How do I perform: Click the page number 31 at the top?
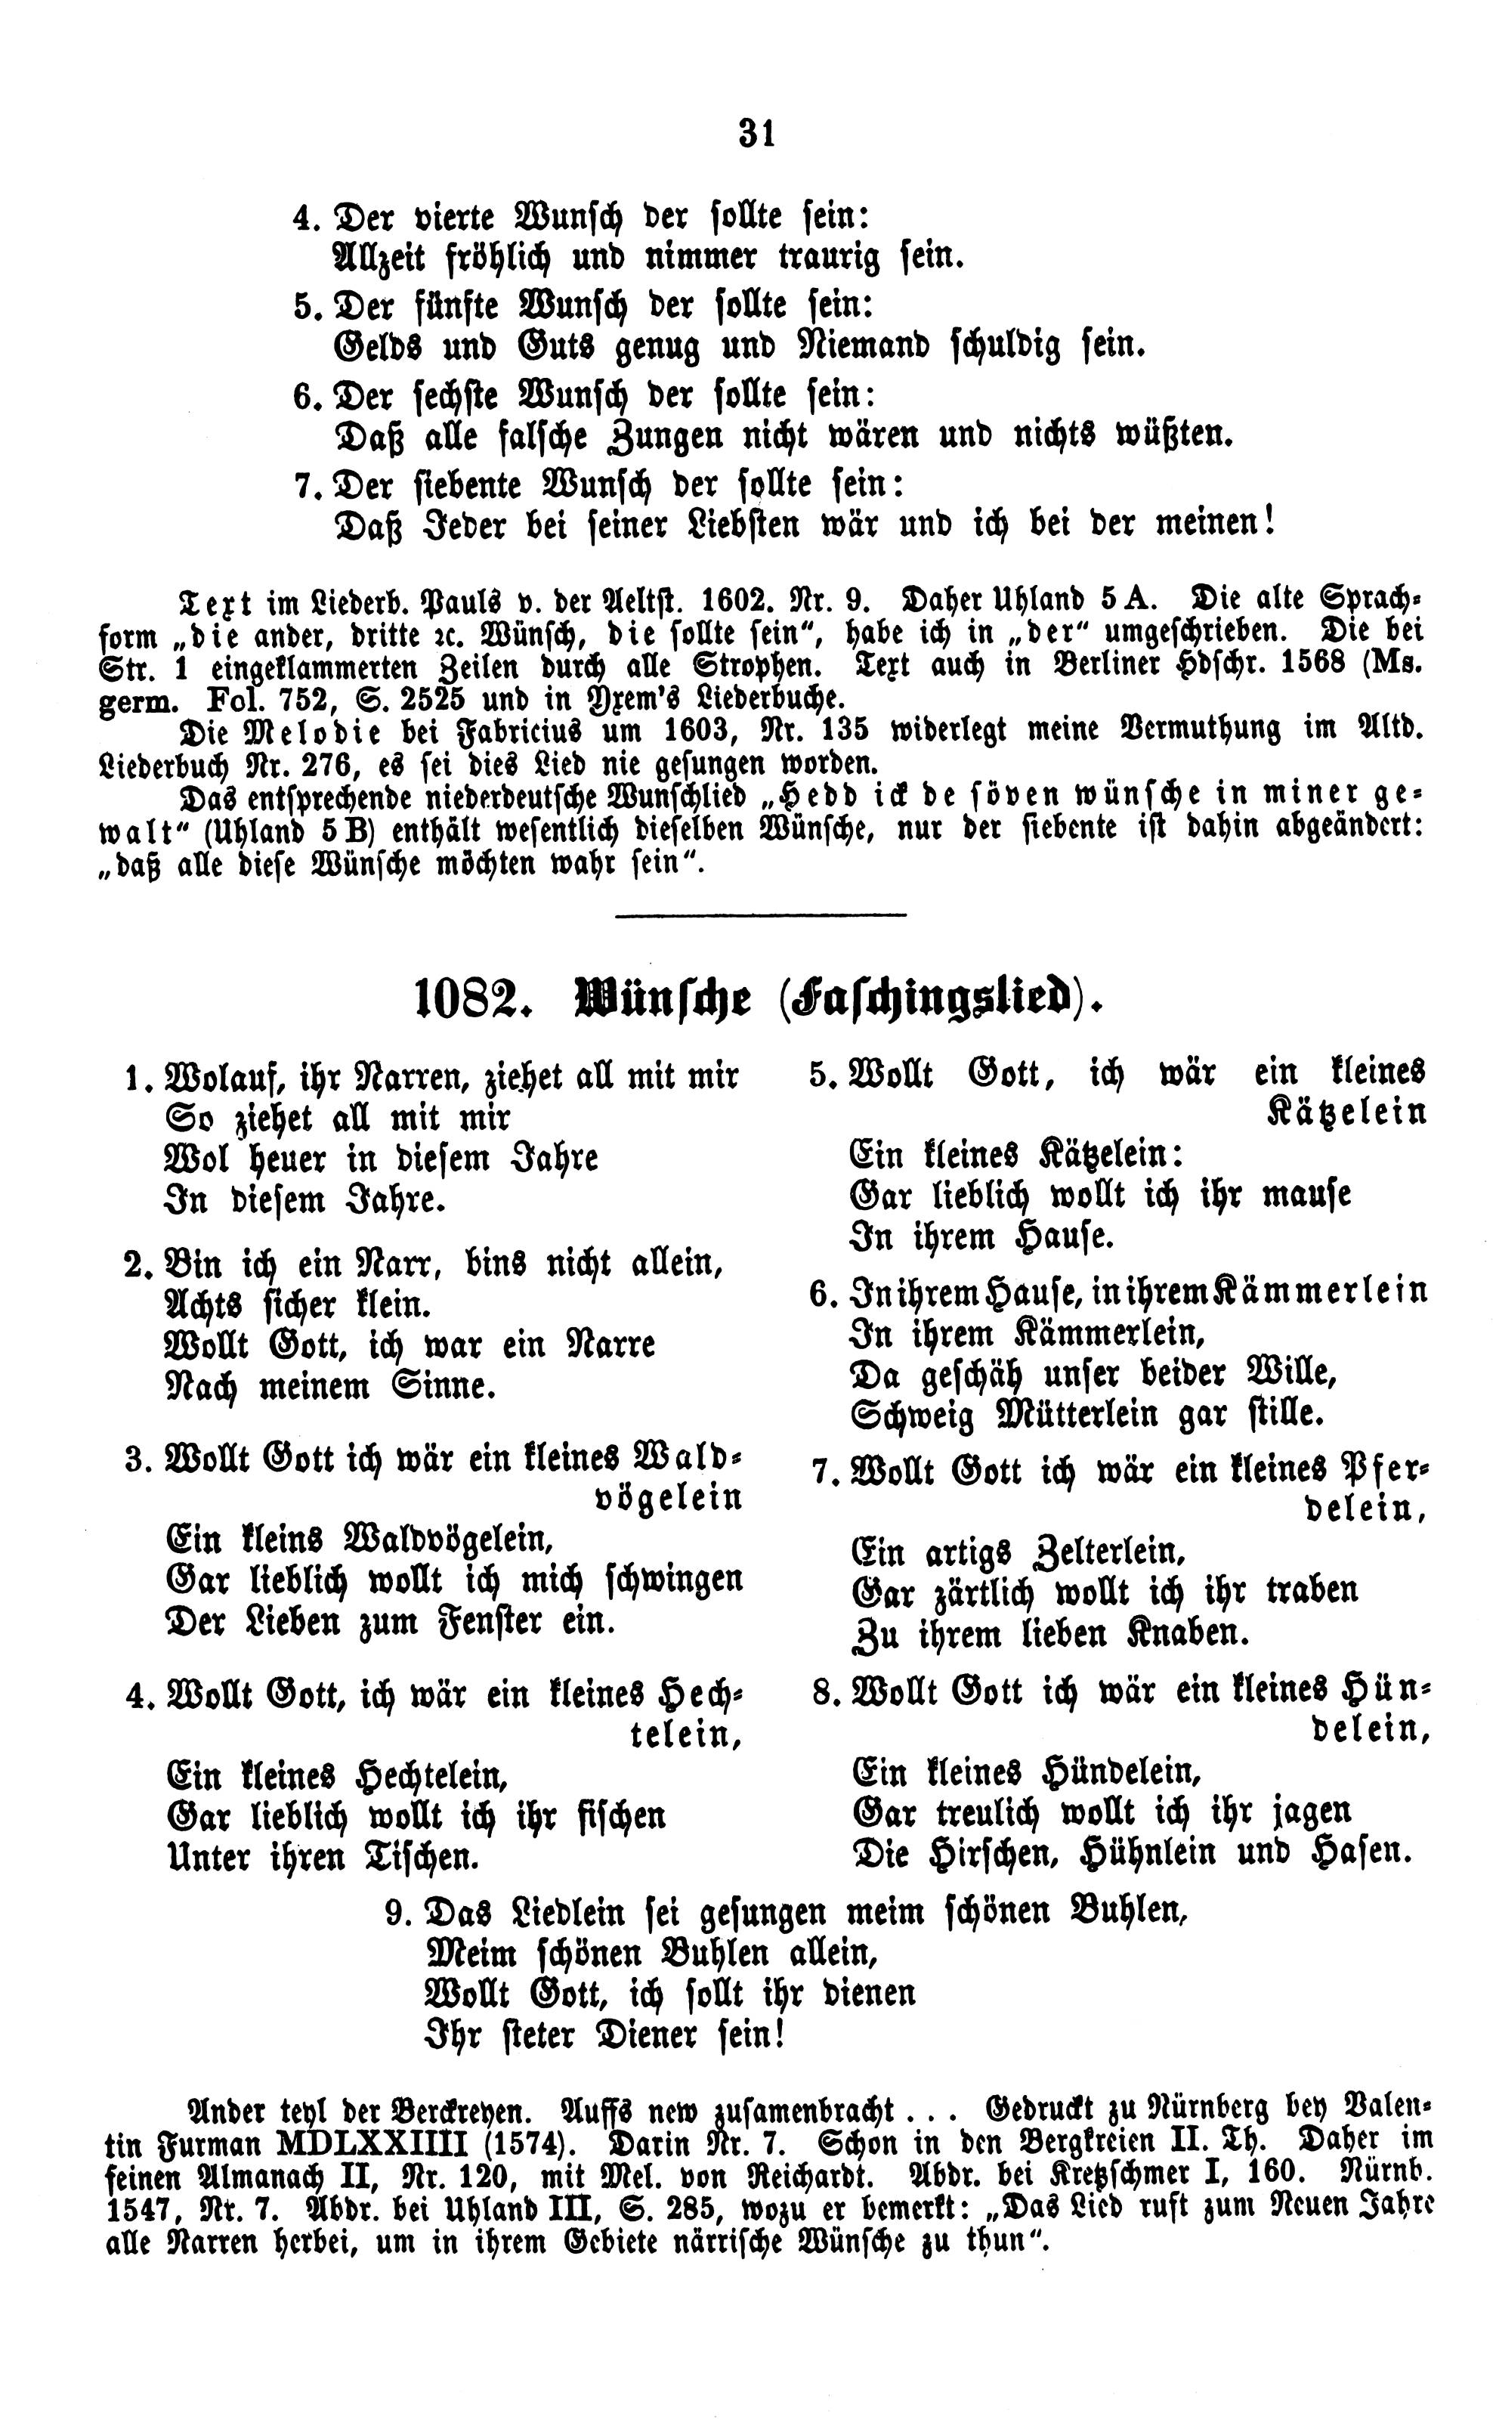pos(757,132)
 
